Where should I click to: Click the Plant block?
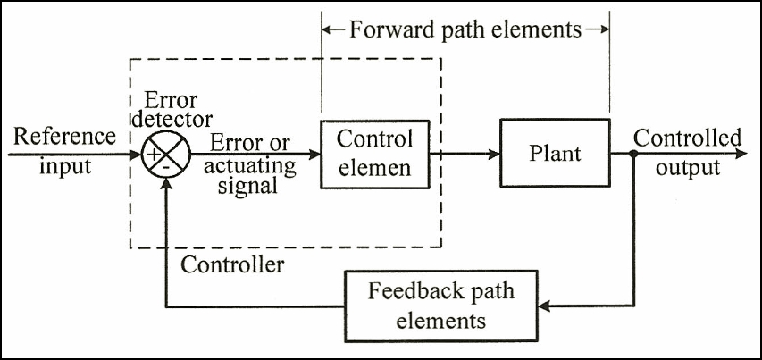(x=555, y=153)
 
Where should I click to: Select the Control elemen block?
(x=374, y=153)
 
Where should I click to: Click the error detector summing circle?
(x=165, y=154)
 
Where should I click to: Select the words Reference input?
(x=65, y=152)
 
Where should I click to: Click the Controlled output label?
(x=687, y=153)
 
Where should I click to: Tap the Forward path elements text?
(x=465, y=30)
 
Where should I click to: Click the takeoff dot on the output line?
(x=632, y=154)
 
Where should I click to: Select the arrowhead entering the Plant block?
(x=493, y=154)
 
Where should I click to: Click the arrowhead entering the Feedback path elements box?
(x=548, y=306)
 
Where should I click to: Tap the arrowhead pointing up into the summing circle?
(x=165, y=180)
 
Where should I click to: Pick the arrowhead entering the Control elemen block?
(x=314, y=154)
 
